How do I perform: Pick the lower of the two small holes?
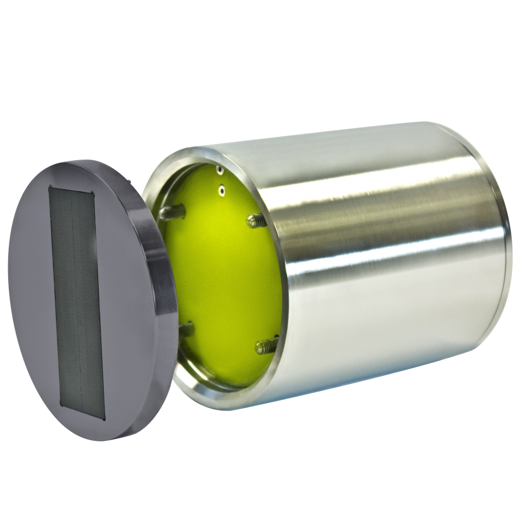pos(221,190)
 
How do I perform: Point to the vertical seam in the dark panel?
pos(78,304)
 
